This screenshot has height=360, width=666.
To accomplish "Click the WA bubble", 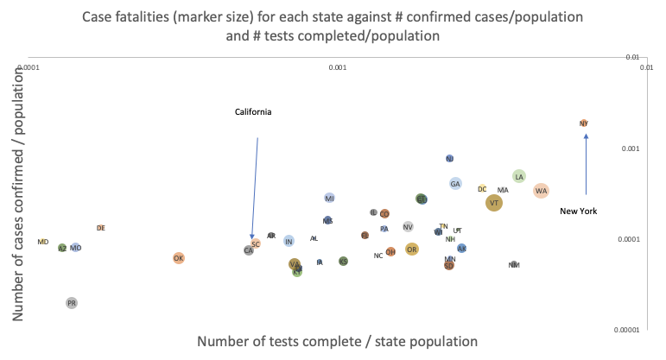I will click(541, 191).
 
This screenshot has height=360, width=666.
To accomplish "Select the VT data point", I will click(494, 203).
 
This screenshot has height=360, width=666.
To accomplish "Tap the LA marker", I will click(519, 176).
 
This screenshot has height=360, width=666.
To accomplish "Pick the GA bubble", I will click(455, 184).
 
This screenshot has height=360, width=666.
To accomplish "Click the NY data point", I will click(584, 123).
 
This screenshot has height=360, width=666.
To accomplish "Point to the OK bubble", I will click(179, 258).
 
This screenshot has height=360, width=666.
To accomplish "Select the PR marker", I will click(72, 303).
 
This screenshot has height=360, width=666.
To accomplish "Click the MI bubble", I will click(330, 199).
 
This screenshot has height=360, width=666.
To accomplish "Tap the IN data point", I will click(289, 241).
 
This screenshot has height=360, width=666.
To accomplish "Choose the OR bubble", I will click(412, 249).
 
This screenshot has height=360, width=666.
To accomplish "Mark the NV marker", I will click(408, 227).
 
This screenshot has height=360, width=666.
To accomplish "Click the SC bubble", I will click(256, 244).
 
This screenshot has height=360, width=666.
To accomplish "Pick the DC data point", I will click(483, 188).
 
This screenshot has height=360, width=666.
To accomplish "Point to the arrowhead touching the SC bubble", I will click(252, 238).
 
